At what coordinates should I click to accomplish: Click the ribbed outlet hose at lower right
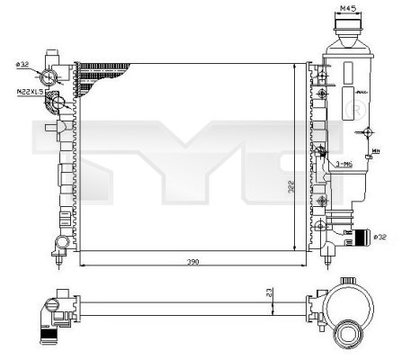(x=361, y=238)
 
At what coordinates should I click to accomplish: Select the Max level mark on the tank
(x=360, y=92)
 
